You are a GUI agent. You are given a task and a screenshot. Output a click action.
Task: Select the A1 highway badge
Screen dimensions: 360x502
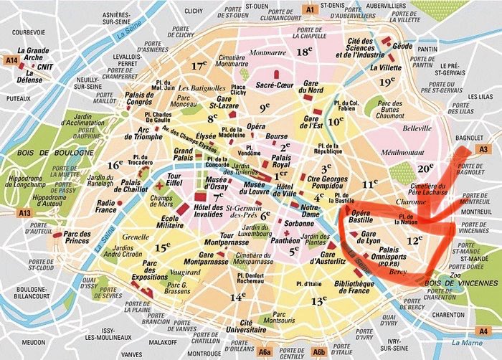tap(310, 9)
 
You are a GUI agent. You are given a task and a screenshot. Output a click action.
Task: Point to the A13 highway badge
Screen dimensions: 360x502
tap(25, 213)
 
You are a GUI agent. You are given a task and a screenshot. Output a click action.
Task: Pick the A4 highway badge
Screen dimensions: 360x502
tap(485, 331)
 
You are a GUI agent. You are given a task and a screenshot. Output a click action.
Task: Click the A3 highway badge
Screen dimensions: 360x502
tap(483, 148)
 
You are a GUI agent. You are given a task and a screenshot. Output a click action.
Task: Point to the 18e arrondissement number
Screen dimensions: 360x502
tap(306, 52)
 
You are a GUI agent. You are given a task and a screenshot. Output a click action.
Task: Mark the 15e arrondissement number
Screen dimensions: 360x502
tap(162, 247)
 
